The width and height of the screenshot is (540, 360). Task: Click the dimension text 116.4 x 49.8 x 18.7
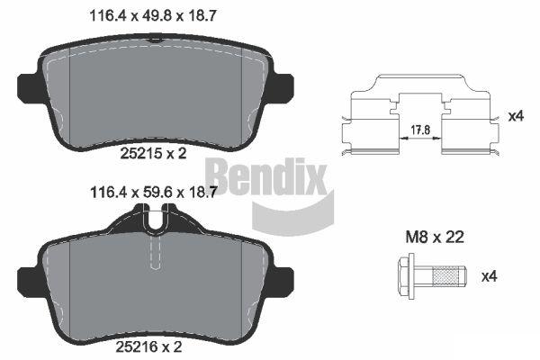tap(153, 16)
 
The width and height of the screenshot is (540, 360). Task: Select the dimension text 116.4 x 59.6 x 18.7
tap(153, 193)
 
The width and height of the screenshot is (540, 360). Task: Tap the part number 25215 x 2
tap(153, 153)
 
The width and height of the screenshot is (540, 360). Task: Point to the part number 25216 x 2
tap(148, 346)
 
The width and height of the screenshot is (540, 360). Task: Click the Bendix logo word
tap(266, 175)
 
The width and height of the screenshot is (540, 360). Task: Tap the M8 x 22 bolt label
tap(435, 237)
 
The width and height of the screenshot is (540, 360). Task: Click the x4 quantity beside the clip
tap(517, 116)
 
